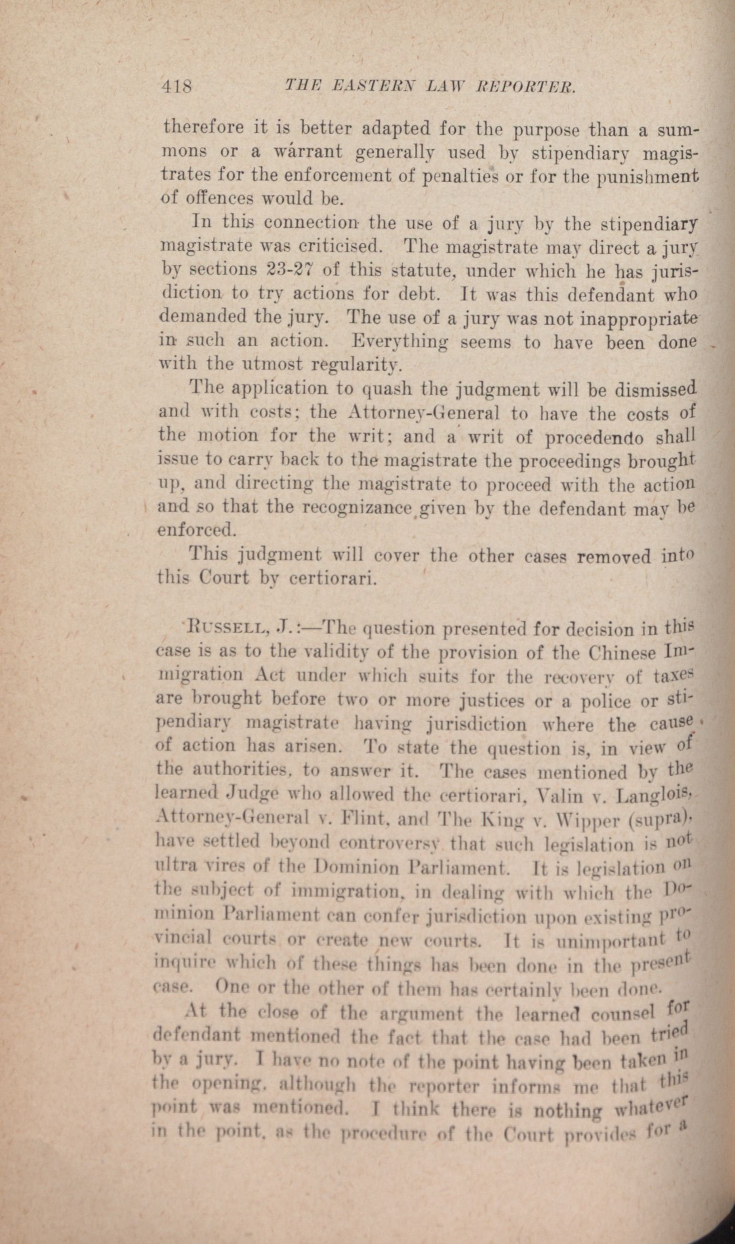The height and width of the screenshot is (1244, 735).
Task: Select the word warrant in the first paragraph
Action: click(x=306, y=151)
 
